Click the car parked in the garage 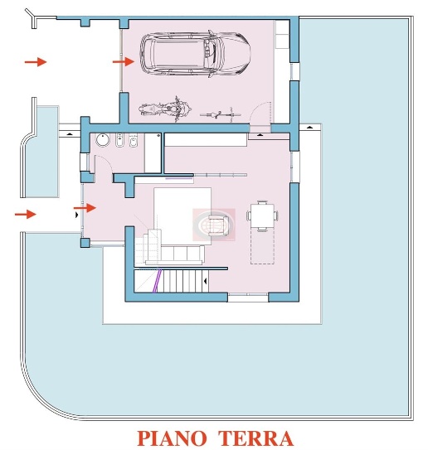tap(195, 54)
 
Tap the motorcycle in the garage tap(164, 109)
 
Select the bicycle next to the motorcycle tap(221, 115)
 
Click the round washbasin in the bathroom tap(103, 140)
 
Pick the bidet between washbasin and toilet tap(119, 140)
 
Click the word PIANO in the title tap(172, 438)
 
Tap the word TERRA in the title tap(255, 438)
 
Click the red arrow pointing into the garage tap(124, 61)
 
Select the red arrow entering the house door tap(85, 208)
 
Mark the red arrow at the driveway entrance tap(36, 61)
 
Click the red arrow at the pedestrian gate tap(26, 214)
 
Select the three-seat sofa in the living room tap(175, 254)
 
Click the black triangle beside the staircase tap(205, 281)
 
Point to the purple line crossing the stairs tap(157, 281)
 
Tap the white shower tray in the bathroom tap(153, 152)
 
